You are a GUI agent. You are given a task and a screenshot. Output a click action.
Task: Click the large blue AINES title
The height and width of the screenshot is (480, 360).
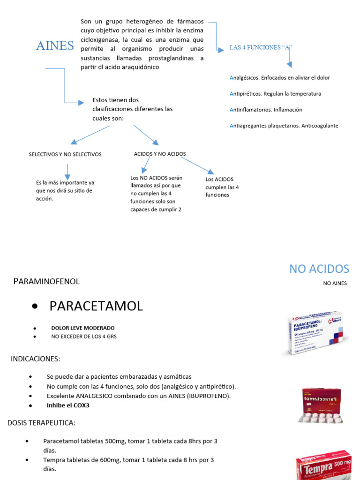click(x=55, y=46)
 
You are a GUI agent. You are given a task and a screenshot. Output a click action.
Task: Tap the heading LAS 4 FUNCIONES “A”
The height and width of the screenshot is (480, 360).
click(x=261, y=47)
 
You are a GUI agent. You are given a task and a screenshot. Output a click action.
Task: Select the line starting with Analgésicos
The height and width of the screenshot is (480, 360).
click(x=279, y=78)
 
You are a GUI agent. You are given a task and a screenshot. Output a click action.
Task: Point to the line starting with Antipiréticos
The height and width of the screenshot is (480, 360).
click(x=275, y=94)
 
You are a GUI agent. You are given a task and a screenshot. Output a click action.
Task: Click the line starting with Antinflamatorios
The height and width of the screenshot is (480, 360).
click(x=266, y=110)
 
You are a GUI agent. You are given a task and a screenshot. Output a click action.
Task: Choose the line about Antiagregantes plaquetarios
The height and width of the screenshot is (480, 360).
click(x=284, y=126)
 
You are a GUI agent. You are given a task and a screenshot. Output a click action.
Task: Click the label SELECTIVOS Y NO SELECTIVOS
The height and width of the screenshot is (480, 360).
click(x=65, y=154)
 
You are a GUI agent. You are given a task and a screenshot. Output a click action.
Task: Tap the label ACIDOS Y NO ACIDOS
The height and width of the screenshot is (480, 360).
click(x=160, y=154)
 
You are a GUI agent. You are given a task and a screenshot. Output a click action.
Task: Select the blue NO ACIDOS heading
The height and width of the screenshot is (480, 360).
click(x=319, y=269)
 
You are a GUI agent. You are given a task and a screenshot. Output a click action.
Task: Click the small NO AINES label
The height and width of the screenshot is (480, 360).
click(x=335, y=283)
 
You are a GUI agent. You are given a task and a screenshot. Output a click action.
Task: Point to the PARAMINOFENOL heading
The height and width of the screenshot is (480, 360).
click(x=46, y=281)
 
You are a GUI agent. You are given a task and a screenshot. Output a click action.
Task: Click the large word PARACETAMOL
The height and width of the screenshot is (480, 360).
click(x=96, y=306)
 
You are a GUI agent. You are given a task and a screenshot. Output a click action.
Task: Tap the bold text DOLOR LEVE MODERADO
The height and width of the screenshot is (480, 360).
click(x=82, y=328)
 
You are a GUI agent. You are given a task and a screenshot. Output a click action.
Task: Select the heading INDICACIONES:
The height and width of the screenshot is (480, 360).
click(x=36, y=359)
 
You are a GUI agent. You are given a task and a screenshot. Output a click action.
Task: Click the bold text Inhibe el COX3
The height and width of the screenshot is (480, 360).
click(x=68, y=405)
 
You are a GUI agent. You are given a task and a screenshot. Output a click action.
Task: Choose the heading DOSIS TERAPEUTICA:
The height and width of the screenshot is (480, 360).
click(x=41, y=423)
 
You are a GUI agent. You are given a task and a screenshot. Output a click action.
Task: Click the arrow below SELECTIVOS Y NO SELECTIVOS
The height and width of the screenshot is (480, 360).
click(x=68, y=171)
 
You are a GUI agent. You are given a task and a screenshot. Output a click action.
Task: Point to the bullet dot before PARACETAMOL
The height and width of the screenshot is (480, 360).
click(x=35, y=307)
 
